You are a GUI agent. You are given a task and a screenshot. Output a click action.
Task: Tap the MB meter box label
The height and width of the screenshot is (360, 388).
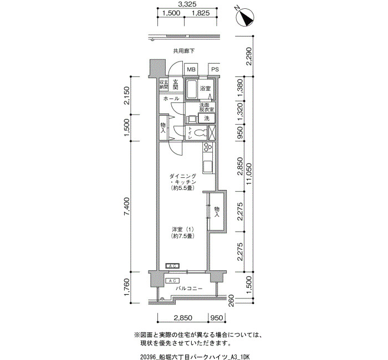click(191, 69)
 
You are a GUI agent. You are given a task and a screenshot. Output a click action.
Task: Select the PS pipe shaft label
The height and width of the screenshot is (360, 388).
click(215, 69)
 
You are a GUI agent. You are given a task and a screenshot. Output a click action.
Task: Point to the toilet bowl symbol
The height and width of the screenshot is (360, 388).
click(201, 133)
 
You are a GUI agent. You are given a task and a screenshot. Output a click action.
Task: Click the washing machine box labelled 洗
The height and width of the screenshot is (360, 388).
click(206, 119)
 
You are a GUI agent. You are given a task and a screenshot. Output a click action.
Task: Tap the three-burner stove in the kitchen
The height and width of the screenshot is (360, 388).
click(207, 147)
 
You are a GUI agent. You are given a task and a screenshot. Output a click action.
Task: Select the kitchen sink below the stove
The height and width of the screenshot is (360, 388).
click(207, 167)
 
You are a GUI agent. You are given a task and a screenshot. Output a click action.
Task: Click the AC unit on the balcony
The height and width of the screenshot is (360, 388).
click(172, 281)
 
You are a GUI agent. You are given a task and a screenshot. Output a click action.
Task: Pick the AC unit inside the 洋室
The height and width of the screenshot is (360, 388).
click(172, 266)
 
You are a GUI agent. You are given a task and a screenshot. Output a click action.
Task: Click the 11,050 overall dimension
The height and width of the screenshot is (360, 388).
click(249, 173)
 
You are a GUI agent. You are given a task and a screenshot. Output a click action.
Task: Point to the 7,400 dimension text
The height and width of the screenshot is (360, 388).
click(127, 207)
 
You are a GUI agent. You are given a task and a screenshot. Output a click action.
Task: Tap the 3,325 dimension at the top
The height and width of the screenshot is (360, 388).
click(187, 4)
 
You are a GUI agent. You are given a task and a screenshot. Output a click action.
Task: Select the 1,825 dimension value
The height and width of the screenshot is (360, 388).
click(201, 13)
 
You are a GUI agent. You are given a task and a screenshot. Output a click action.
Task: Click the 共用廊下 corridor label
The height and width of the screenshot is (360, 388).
click(183, 51)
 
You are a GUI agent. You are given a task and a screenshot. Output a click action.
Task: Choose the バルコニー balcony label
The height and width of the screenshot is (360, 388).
click(190, 289)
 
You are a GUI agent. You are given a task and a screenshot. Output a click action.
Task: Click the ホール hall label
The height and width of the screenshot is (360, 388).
click(171, 99)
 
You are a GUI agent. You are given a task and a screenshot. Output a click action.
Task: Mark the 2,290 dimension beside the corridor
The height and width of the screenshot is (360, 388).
click(249, 56)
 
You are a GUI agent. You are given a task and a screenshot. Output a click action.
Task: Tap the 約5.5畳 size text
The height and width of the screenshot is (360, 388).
click(182, 188)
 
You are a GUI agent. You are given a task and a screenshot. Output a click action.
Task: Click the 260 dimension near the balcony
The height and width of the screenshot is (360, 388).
click(231, 300)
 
